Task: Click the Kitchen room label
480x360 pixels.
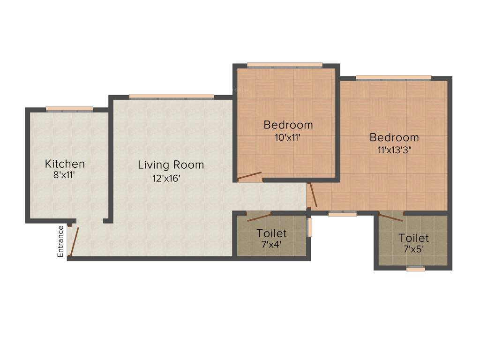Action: point(65,164)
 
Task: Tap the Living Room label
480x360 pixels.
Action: point(171,165)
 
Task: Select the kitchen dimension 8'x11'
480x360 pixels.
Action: point(65,175)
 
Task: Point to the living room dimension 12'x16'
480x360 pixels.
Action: point(166,178)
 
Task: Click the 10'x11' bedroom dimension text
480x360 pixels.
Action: point(287,137)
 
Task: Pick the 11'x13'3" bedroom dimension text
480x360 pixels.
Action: point(394,150)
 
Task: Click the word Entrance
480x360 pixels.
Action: point(60,241)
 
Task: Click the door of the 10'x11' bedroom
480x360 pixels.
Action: point(249,176)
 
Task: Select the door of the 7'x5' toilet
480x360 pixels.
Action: point(390,217)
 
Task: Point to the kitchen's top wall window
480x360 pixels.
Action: point(69,109)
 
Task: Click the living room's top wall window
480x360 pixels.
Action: point(172,97)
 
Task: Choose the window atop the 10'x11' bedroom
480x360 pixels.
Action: point(285,65)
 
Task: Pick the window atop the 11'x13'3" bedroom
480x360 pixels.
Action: point(393,77)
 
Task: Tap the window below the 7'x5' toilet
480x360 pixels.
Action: point(415,269)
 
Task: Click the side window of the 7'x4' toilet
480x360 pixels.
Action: point(309,227)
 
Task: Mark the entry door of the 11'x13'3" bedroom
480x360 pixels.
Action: point(313,195)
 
